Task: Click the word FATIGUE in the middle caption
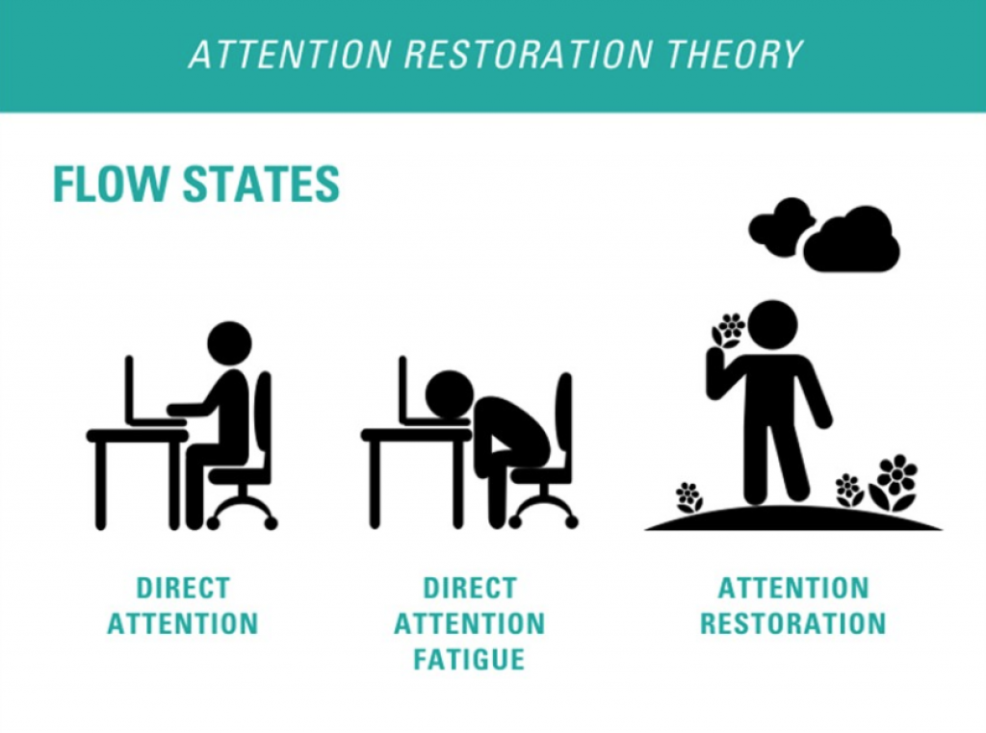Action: click(x=469, y=659)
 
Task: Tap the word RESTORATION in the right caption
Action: click(x=792, y=623)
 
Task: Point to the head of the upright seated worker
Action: click(x=229, y=343)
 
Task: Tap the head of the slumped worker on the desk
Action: click(x=449, y=393)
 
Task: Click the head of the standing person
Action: click(x=772, y=324)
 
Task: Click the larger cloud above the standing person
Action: click(x=852, y=240)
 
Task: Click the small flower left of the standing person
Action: click(x=688, y=496)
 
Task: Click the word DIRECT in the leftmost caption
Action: click(x=183, y=588)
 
